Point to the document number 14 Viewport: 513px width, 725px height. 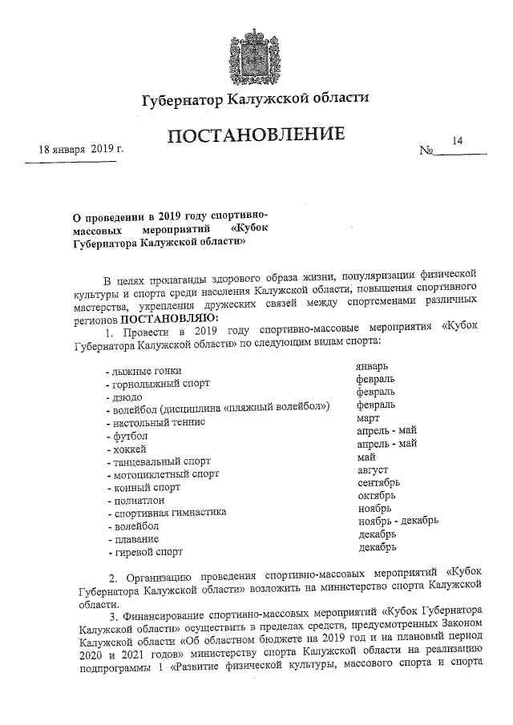[458, 140]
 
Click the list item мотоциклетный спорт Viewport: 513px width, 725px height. [162, 474]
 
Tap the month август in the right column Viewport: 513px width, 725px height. [373, 469]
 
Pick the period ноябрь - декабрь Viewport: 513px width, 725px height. [398, 521]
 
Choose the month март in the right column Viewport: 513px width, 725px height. [369, 417]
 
